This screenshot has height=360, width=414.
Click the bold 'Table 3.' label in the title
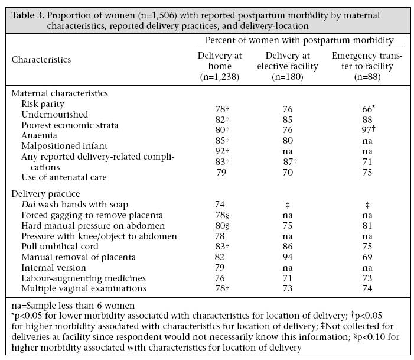coord(27,15)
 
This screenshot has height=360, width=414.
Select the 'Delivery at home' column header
coord(220,66)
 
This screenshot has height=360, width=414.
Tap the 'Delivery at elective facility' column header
coord(288,66)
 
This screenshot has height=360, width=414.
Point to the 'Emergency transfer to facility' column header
coord(367,66)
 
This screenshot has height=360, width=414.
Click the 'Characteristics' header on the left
coord(41,60)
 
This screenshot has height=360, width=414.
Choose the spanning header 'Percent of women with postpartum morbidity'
coord(299,40)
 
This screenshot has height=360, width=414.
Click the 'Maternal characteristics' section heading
coord(60,93)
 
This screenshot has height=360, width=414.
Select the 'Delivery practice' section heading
coord(45,194)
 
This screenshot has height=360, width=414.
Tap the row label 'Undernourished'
coord(55,115)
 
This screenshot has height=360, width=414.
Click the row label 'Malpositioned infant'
coord(64,146)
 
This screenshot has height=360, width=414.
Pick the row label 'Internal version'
coord(54,268)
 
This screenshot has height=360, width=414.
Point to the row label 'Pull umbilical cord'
coord(60,247)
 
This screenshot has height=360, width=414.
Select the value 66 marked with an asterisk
coord(369,109)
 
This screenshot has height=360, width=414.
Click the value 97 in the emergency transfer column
coord(369,129)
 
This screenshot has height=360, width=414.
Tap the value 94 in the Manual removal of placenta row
coord(288,257)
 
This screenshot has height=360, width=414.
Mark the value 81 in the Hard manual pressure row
coord(367,225)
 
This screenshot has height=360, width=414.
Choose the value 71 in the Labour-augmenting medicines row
coord(288,278)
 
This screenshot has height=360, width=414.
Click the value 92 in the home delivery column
coord(222,151)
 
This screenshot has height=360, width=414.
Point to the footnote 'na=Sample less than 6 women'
coord(73,306)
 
